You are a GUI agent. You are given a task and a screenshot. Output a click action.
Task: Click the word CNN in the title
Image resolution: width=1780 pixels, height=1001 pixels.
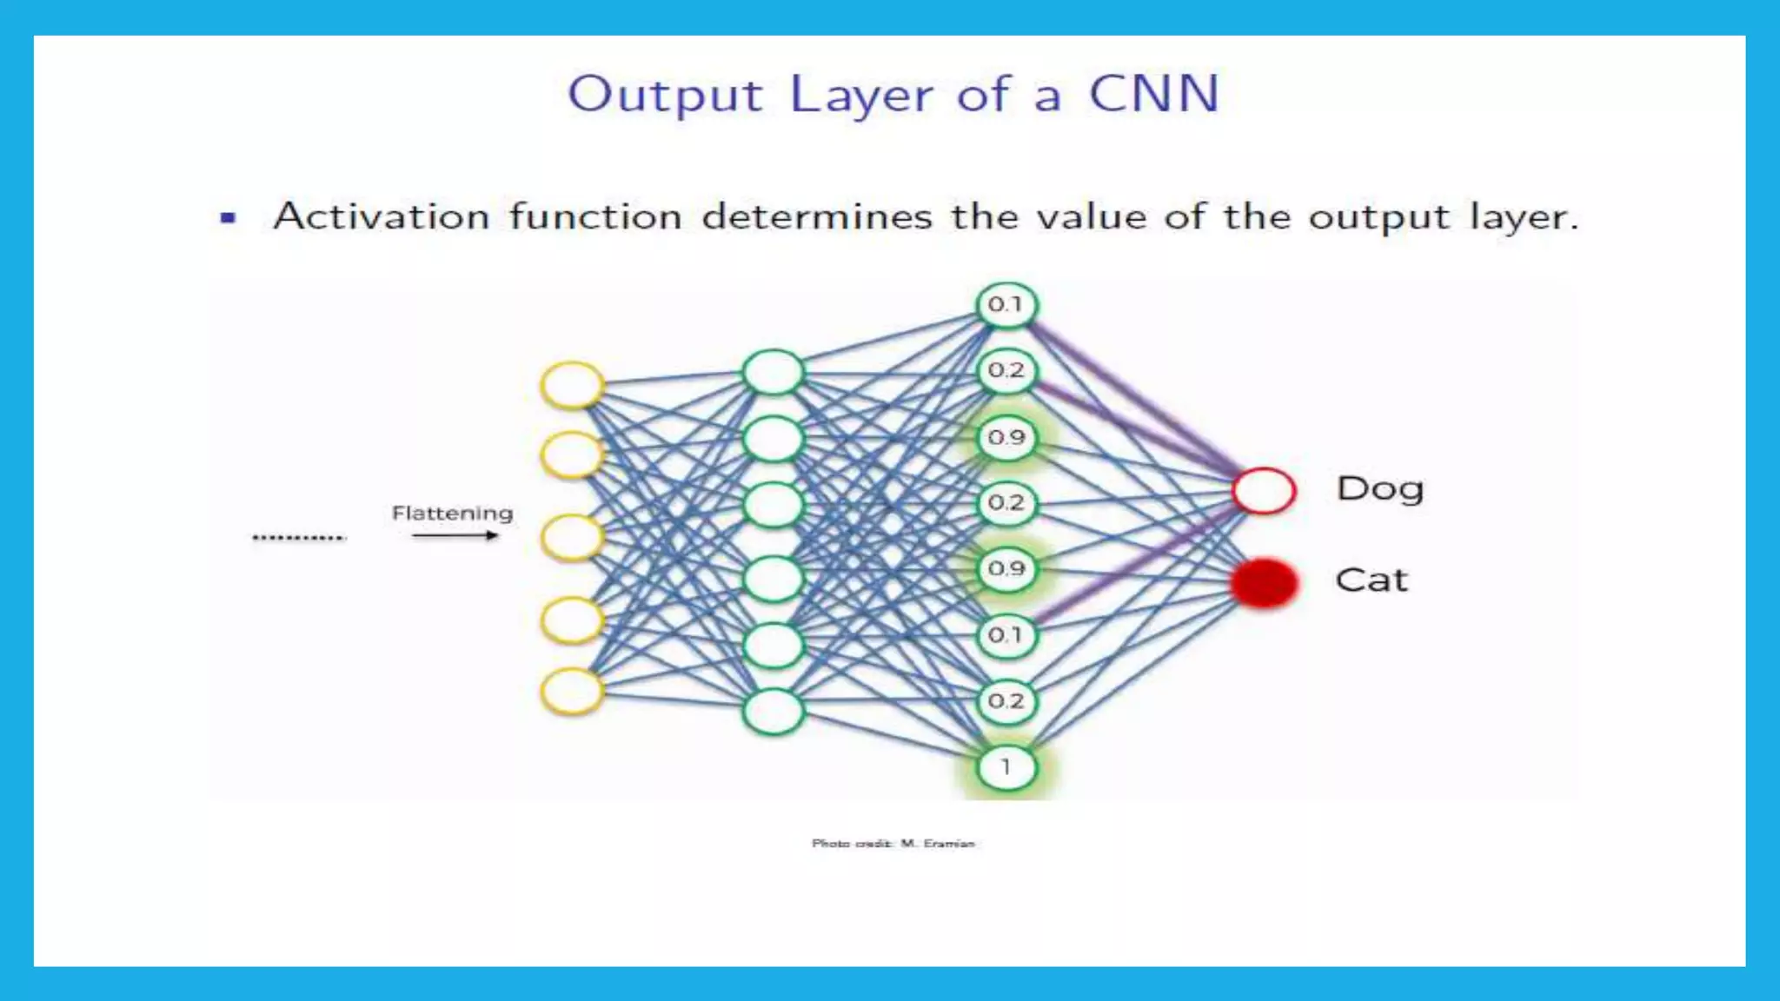coord(1154,94)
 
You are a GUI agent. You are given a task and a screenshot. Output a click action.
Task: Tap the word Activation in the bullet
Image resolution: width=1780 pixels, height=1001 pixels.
coord(381,216)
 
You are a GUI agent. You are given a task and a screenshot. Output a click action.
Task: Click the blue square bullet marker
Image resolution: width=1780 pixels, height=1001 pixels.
coord(229,217)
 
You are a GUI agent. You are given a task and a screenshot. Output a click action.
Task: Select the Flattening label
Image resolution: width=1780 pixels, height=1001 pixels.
coord(452,513)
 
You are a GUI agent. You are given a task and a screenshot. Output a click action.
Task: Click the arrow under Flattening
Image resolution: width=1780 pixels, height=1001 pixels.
coord(455,535)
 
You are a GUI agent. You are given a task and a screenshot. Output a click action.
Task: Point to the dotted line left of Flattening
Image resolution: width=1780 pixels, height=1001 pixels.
coord(298,537)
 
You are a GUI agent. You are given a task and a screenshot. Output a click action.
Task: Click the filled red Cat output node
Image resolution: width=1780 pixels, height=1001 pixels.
coord(1264,582)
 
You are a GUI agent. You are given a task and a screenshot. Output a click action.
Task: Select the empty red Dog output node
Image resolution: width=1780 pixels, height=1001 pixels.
coord(1264,491)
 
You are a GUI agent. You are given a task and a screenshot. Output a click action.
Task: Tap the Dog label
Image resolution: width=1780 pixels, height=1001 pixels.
coord(1379,489)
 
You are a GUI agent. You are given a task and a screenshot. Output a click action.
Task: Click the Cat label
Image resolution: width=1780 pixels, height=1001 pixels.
coord(1371,580)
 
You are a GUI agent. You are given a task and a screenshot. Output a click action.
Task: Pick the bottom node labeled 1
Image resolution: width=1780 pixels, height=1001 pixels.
coord(1006,767)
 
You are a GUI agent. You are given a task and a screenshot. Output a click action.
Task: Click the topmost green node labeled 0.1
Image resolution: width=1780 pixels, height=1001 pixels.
coord(1006,305)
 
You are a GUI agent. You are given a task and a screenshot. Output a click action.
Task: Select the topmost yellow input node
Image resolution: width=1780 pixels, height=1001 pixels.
coord(571,385)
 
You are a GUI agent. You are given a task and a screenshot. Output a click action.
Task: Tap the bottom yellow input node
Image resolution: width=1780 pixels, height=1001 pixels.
coord(571,692)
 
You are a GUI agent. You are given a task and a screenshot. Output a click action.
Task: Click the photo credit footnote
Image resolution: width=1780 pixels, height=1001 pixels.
coord(893,843)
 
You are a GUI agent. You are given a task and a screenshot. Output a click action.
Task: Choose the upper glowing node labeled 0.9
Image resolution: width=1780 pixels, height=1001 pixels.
coord(1006,437)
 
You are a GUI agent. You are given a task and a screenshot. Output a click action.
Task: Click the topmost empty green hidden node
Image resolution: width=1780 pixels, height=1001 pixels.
coord(773,373)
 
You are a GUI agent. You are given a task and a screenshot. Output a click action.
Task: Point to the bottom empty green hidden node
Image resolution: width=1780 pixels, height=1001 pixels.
coord(773,712)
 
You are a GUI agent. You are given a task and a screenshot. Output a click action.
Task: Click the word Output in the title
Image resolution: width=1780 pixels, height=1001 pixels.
coord(665,94)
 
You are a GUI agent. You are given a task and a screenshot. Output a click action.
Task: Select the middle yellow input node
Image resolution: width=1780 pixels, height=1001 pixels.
coord(571,537)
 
